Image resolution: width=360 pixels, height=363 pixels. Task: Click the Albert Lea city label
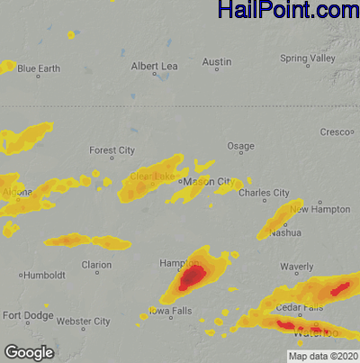(x=155, y=66)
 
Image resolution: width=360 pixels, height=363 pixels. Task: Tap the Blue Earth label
(x=39, y=68)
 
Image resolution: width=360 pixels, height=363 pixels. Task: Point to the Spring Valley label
(x=307, y=59)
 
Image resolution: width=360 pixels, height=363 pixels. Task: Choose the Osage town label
(x=240, y=146)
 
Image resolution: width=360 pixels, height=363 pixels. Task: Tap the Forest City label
(x=112, y=150)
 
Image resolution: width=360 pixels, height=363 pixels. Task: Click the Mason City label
(x=204, y=181)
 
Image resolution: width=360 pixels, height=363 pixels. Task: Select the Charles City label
(x=264, y=192)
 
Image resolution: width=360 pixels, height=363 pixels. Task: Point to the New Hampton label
(x=337, y=209)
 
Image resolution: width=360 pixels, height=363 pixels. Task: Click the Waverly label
(x=296, y=267)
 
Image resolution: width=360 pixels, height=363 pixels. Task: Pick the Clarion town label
(x=96, y=265)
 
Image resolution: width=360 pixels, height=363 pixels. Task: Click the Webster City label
(x=83, y=321)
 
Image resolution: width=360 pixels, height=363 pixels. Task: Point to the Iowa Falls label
(x=170, y=312)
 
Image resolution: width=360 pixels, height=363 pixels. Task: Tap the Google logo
(x=28, y=350)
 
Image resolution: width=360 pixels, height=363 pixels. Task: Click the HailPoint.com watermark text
(x=287, y=11)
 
